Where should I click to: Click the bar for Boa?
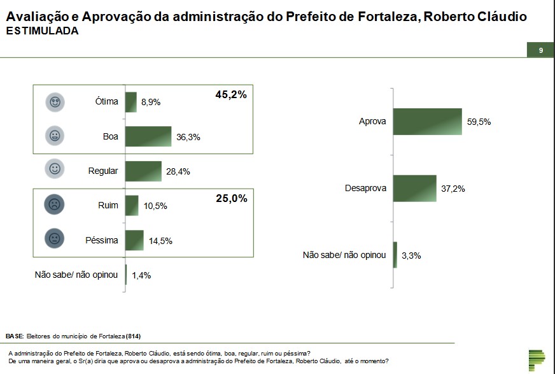tap(148, 136)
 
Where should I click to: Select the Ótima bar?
tap(131, 102)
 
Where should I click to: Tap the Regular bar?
tap(143, 171)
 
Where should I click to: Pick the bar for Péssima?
tap(134, 240)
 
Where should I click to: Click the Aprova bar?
tap(427, 122)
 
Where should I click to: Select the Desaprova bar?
tap(414, 189)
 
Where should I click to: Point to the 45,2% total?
tap(230, 95)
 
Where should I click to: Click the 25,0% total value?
tap(231, 199)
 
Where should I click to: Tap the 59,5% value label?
tap(479, 122)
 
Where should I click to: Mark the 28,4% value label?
tap(178, 171)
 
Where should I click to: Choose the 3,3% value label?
tap(411, 255)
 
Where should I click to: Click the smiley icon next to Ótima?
tap(55, 101)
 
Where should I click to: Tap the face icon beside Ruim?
tap(55, 205)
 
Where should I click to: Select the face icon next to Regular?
tap(55, 169)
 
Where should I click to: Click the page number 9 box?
tap(540, 50)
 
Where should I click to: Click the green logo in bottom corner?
tap(537, 360)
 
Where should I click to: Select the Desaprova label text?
tap(365, 189)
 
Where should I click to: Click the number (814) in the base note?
tap(134, 336)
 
